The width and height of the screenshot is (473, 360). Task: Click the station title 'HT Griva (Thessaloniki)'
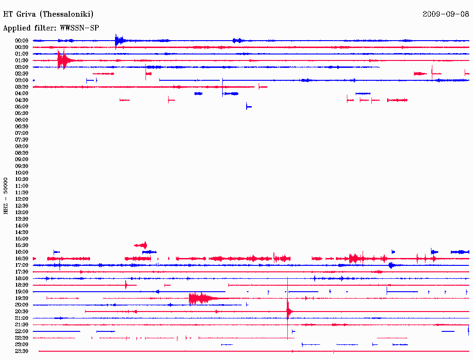[x=49, y=14]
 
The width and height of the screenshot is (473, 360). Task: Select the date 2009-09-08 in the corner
[x=445, y=14]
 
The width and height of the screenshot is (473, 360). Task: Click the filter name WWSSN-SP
[x=79, y=28]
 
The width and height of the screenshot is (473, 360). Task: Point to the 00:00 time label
[x=22, y=41]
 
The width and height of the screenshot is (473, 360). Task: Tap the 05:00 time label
[x=22, y=107]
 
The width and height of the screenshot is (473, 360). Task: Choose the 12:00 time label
[x=22, y=199]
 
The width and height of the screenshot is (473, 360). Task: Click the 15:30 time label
[x=22, y=245]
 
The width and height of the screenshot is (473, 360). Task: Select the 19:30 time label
[x=22, y=298]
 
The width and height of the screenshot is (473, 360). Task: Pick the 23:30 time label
[x=22, y=351]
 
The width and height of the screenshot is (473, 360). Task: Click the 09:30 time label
[x=22, y=166]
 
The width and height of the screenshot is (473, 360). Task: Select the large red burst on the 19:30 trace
[x=199, y=298]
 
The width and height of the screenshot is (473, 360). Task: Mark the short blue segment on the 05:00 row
[x=249, y=107]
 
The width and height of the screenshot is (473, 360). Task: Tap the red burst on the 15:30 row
[x=141, y=245]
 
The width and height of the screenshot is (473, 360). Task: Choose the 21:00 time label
[x=22, y=318]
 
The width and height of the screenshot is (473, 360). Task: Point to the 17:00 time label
[x=22, y=265]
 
